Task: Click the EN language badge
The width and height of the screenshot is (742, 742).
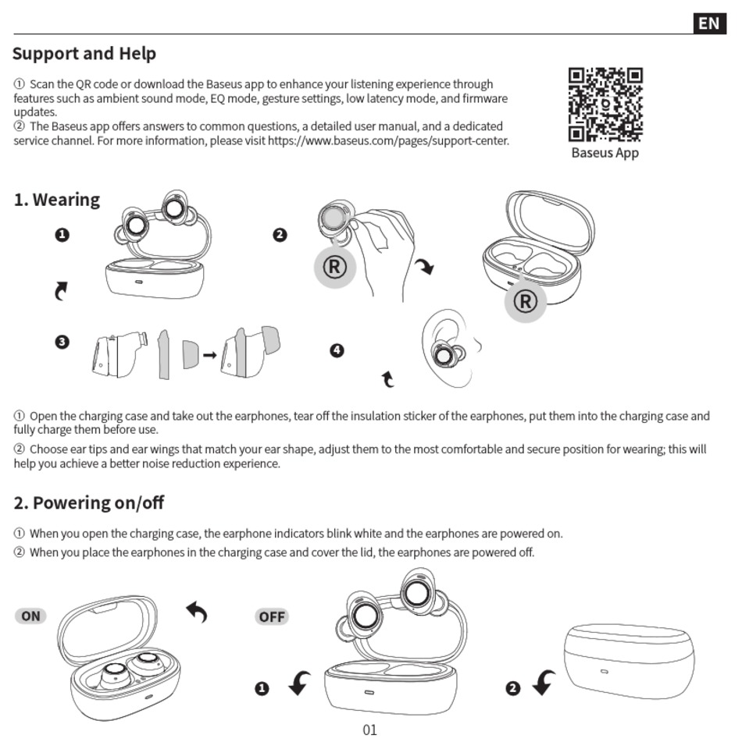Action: point(708,23)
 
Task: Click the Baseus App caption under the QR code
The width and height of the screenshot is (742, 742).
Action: point(605,153)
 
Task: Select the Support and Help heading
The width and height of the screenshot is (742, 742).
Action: point(84,54)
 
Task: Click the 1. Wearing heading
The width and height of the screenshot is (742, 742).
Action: point(57,200)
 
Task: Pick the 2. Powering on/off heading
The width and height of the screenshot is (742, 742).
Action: point(89,503)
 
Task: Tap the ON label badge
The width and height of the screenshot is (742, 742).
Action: point(30,616)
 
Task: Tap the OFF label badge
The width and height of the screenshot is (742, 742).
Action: point(272,617)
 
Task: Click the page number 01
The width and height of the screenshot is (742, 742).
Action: point(370,730)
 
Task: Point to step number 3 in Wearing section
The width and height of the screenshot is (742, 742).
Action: point(62,342)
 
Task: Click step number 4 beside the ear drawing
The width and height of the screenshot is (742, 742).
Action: point(337,350)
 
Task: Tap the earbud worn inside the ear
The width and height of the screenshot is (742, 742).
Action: point(444,355)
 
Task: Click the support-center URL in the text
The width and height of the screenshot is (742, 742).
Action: point(388,141)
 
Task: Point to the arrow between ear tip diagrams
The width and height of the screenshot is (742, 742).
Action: point(209,355)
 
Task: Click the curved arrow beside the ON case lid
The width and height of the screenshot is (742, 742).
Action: point(197,612)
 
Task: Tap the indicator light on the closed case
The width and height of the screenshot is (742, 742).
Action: point(604,672)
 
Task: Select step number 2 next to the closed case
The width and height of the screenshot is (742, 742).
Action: point(512,687)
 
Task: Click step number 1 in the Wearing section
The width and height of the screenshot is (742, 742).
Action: point(62,235)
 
